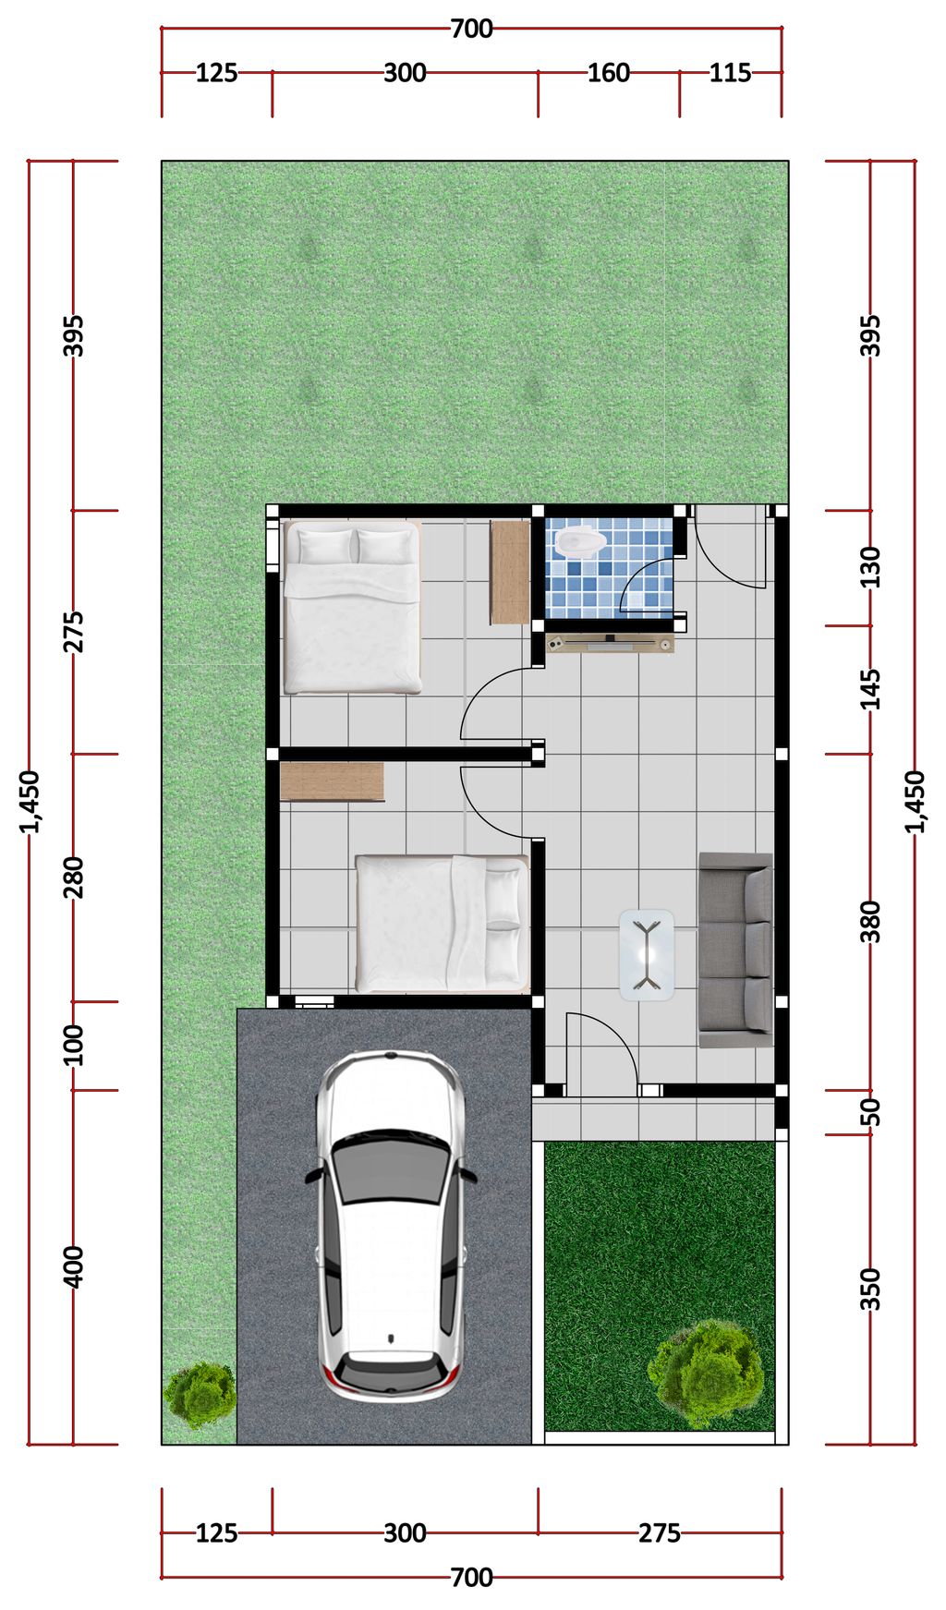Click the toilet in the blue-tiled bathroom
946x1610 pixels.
pos(578,540)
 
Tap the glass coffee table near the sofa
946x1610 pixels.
pos(647,954)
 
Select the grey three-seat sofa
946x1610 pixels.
pos(735,950)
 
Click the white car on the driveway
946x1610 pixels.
pos(390,1226)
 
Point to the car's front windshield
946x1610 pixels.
pos(392,1168)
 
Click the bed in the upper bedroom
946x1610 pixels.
pos(352,608)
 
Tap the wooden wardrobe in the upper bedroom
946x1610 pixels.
pos(510,572)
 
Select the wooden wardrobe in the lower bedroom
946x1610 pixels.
pos(332,781)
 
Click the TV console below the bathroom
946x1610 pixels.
pos(610,642)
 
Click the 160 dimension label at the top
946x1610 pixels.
pos(609,72)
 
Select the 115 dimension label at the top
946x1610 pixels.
pos(730,72)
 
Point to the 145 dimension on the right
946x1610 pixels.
pos(870,689)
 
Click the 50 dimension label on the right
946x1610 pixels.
pos(870,1112)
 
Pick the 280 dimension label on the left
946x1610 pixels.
pos(74,878)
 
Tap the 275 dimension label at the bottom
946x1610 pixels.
pos(660,1533)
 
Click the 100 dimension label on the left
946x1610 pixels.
pos(74,1045)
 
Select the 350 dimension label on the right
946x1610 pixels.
pos(870,1289)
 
